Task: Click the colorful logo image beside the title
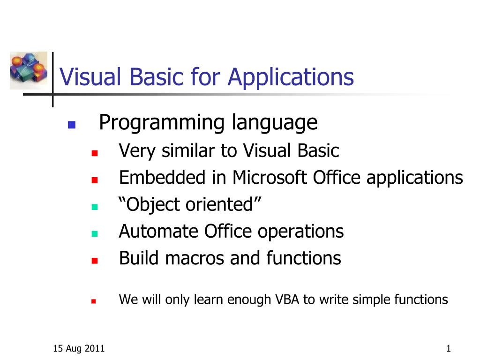(29, 70)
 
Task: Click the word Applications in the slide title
(291, 77)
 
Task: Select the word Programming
(162, 124)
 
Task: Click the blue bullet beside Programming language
(71, 125)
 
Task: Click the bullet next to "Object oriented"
(94, 207)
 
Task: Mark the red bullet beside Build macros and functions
(94, 260)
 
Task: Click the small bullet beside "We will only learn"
(94, 301)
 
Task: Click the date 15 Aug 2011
(79, 348)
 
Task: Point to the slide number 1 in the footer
(449, 348)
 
